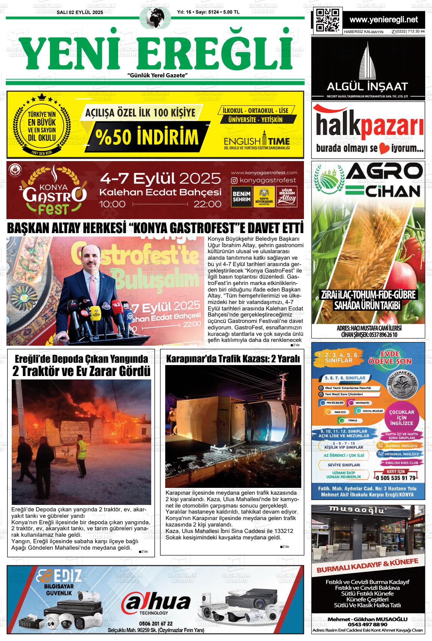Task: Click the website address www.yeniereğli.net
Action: (x=383, y=20)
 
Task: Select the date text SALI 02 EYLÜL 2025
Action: (x=80, y=13)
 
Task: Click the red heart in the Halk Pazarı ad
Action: (x=384, y=149)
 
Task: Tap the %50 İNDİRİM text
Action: (x=147, y=138)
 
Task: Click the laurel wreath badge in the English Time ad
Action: (x=42, y=125)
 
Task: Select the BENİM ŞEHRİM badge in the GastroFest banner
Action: (x=241, y=196)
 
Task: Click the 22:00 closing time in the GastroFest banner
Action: (x=207, y=204)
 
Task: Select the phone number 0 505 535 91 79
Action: (x=396, y=478)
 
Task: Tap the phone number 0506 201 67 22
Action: (x=156, y=623)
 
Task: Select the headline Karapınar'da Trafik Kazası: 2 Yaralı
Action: (x=233, y=359)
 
